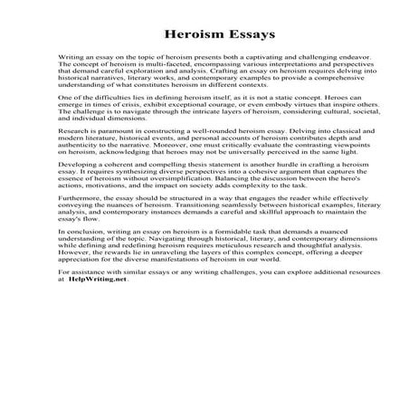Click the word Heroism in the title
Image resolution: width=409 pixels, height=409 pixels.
(185, 37)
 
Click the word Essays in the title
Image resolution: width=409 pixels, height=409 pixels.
(233, 37)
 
